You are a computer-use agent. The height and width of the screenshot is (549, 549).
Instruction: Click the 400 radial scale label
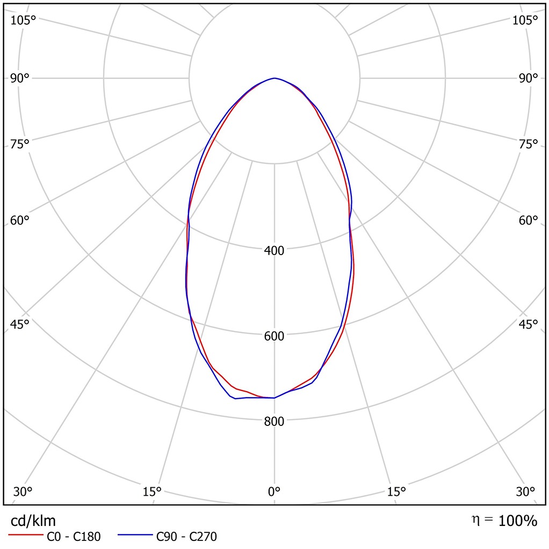pos(274,250)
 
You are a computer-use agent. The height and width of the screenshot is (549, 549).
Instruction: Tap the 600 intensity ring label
pos(274,336)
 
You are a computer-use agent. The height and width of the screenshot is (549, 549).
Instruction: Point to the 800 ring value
pos(274,421)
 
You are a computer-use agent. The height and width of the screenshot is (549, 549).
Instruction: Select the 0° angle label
pos(274,492)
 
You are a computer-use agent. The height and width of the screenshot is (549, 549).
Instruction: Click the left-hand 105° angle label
pos(23,20)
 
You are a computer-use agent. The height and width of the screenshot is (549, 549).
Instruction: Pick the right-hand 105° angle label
pos(525,20)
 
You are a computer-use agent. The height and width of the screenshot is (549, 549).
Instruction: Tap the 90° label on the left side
pos(20,78)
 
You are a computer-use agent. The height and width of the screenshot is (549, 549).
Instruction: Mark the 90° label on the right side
pos(528,78)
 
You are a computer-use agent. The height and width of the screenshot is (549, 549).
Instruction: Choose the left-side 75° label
pos(20,144)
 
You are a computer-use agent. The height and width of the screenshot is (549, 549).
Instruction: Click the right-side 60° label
pos(528,221)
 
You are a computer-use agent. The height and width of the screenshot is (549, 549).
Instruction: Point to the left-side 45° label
pos(20,324)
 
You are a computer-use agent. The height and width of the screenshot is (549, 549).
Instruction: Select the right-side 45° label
pos(528,324)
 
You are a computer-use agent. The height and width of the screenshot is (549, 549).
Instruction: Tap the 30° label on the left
pos(23,492)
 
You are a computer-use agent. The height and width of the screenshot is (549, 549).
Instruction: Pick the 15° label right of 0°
pos(396,492)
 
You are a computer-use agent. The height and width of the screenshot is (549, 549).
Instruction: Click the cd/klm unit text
pos(33,521)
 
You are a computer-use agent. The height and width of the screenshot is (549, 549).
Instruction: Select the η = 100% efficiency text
pos(503,521)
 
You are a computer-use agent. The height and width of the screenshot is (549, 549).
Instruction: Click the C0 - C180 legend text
pos(74,536)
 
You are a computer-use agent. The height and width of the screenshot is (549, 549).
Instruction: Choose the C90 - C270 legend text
pos(186,536)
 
